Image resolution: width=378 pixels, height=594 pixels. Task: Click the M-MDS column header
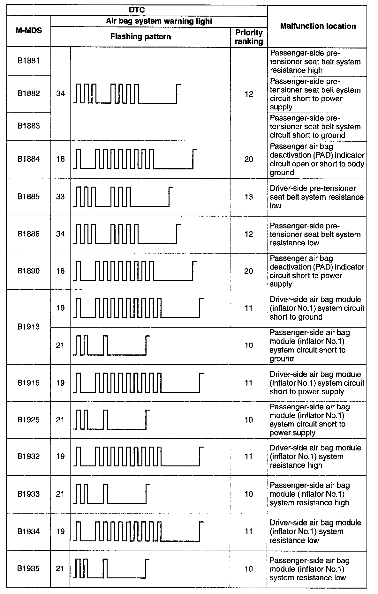pos(29,31)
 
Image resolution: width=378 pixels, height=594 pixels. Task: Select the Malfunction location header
pos(318,26)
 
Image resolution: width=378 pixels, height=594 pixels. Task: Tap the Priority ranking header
pos(249,37)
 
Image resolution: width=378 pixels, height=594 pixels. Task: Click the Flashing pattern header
pos(140,37)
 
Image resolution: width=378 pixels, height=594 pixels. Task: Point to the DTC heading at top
pos(137,10)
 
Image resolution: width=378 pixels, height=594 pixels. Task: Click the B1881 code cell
pos(29,61)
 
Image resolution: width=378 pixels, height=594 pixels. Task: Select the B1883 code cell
pos(29,126)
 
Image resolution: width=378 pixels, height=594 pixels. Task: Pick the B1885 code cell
pos(29,197)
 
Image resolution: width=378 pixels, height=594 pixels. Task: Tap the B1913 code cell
pos(29,327)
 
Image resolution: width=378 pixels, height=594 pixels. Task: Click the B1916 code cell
pos(29,382)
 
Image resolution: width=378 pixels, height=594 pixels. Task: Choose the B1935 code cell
pos(29,568)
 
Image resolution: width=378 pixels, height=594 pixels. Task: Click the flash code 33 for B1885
pos(60,197)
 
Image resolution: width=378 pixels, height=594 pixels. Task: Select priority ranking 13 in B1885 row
pos(249,197)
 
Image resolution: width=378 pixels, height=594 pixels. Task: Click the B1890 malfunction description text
pos(317,271)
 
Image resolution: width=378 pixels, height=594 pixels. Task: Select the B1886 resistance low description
pos(315,234)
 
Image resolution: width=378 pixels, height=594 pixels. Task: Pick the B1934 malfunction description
pos(315,531)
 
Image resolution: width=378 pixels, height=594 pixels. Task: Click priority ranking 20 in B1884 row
pos(249,159)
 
